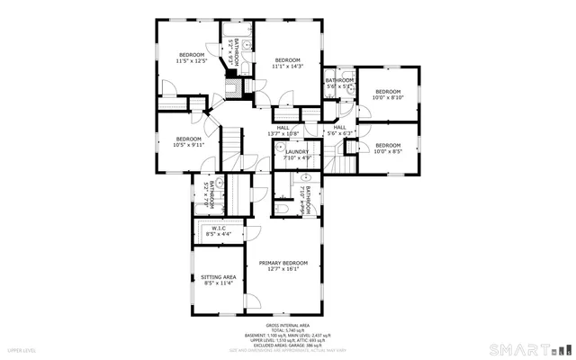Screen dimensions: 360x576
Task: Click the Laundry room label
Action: pos(297,152)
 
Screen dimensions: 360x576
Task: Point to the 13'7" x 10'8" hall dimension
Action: pos(283,134)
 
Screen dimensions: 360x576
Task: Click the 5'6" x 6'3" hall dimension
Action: pos(340,134)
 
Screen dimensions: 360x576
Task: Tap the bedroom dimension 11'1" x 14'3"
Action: pos(288,66)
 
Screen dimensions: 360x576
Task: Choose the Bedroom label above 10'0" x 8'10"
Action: pos(388,92)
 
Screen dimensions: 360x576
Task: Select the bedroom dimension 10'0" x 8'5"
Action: pos(388,151)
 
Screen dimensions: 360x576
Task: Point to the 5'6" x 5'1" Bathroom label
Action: pos(339,80)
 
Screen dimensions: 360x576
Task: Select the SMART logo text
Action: pos(518,348)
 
